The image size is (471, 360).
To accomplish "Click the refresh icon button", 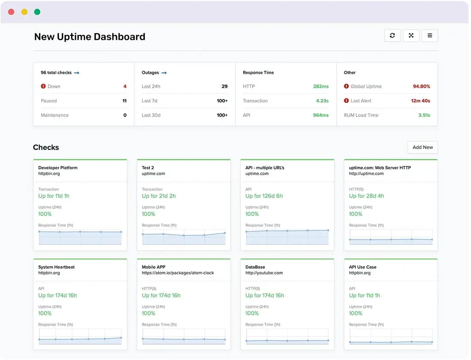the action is pos(392,36).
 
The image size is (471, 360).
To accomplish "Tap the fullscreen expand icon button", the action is pos(411,36).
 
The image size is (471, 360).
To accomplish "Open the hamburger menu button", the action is pos(430,36).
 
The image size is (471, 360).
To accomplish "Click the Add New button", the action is pos(423,147).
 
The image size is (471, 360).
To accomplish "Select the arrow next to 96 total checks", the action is pos(77,73).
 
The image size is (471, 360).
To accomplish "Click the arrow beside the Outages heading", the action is pos(164,73).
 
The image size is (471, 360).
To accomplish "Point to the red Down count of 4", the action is pos(125,86).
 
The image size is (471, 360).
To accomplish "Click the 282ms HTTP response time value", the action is pos(321,86).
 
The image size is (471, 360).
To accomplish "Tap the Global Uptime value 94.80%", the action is pos(421,86).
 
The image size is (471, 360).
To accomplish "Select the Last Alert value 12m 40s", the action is pos(420,101).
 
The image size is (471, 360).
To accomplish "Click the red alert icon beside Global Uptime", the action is pos(346,86).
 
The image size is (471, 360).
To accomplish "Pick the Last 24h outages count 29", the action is pos(224,86).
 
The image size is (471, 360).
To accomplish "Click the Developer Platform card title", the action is pos(58,168).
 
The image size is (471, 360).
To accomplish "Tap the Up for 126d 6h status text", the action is pos(264,196).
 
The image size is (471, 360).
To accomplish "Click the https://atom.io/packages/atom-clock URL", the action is pos(178,273).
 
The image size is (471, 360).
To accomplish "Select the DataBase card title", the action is pos(255,267).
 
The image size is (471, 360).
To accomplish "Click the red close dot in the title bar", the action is pos(12,12).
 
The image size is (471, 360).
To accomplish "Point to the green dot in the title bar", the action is pos(37,12).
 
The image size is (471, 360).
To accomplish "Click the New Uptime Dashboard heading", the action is pos(89,37).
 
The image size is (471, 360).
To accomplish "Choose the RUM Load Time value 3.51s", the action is pos(424,115).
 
